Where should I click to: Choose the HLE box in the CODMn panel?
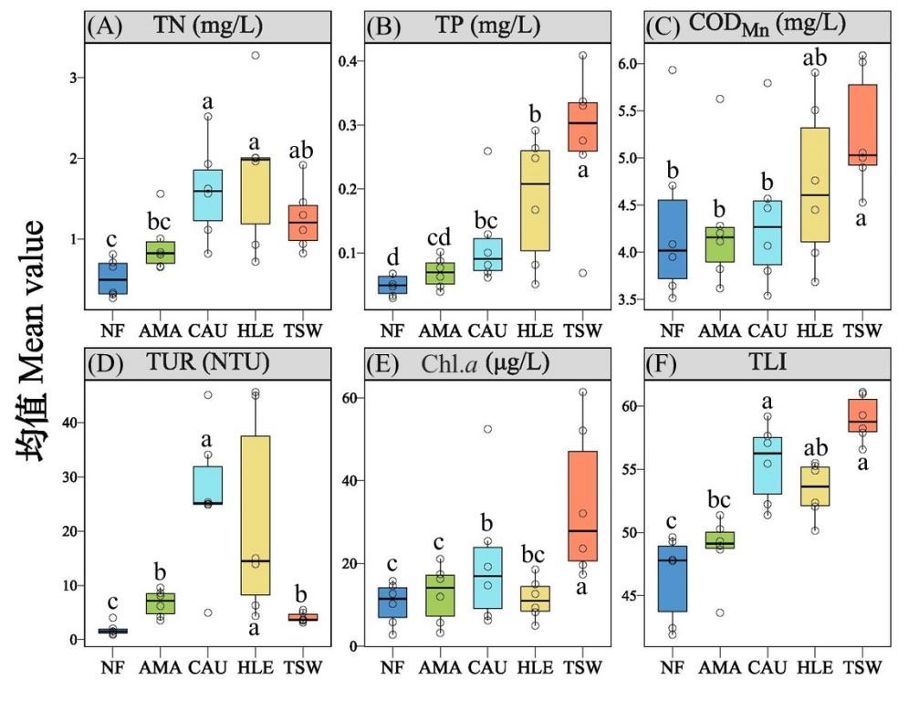[x=816, y=197]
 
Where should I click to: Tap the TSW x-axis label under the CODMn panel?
[x=862, y=330]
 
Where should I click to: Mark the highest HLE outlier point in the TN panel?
[x=256, y=56]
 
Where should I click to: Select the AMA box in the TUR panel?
[x=162, y=602]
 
